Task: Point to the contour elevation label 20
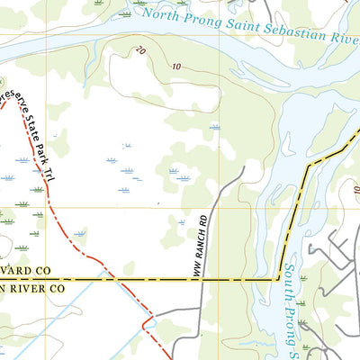click(139, 52)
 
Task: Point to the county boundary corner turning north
click(277, 280)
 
